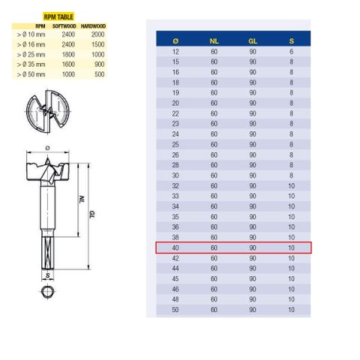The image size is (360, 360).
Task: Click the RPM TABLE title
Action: coord(58,17)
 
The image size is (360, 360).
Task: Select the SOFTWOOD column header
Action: coord(64,26)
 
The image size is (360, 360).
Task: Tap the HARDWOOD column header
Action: coord(93,26)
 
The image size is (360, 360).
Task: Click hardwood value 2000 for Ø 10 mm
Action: coord(97,34)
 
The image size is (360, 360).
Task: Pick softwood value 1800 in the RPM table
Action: coord(68,55)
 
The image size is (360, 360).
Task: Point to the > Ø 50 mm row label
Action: coord(31,74)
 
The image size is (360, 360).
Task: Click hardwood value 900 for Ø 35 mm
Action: coord(100,64)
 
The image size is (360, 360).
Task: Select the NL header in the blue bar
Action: coord(214,41)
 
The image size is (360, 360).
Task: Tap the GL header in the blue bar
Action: coord(253,41)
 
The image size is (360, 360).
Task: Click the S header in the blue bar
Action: coord(292,41)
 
